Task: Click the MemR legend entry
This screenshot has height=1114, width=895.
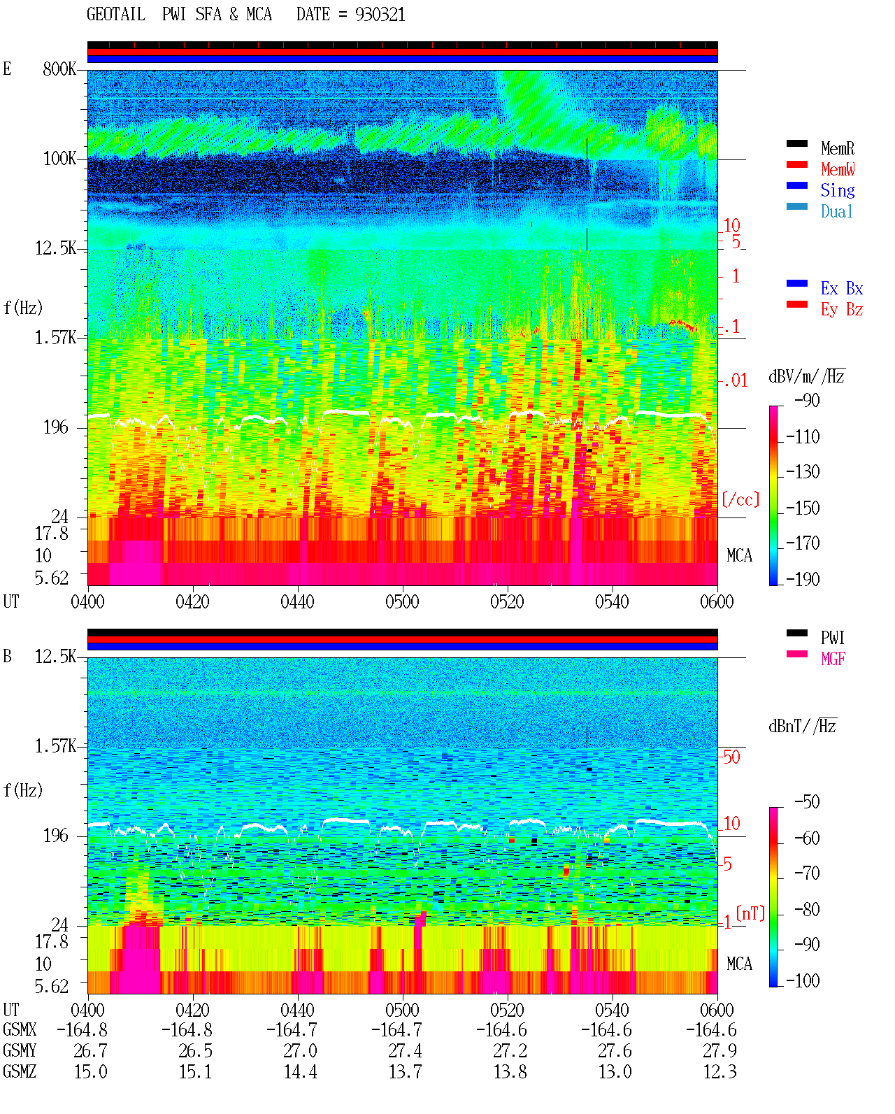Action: tap(837, 148)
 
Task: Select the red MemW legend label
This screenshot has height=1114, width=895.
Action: tap(838, 169)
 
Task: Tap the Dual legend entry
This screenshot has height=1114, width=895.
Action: tap(836, 211)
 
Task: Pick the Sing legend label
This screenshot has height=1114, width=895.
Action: tap(837, 190)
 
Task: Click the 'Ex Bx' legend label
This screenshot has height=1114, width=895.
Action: tap(841, 288)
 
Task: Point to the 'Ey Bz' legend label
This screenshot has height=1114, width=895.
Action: tap(841, 310)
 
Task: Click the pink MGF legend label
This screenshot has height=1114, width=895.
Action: tap(833, 659)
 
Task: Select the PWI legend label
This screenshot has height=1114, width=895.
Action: tap(832, 638)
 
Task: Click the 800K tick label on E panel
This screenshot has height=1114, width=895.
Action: tap(59, 69)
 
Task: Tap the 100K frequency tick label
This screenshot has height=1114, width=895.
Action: tap(59, 159)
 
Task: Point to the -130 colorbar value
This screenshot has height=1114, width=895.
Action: tap(803, 472)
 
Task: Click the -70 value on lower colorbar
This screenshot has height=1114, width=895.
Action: tap(807, 873)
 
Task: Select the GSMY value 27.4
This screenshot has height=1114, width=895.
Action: tap(405, 1051)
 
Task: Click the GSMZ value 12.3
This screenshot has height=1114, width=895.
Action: tap(719, 1071)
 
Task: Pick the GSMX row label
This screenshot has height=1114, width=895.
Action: tap(20, 1030)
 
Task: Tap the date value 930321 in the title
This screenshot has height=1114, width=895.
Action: tap(380, 15)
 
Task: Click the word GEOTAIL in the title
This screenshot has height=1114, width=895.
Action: tap(116, 15)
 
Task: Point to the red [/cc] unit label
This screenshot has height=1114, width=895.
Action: tap(740, 499)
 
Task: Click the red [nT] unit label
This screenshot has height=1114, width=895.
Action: tap(750, 913)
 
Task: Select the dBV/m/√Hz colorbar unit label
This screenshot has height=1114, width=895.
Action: tap(806, 376)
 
